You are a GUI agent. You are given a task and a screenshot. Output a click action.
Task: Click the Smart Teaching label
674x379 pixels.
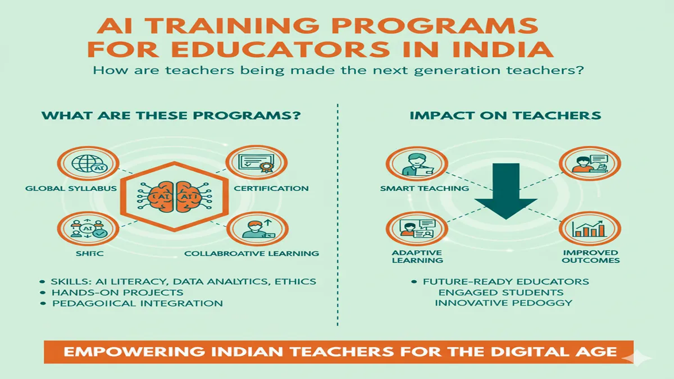tap(424, 189)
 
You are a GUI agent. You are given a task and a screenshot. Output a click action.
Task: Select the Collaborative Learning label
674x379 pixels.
tap(252, 253)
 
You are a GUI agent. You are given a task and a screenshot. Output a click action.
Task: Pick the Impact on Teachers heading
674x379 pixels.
tap(505, 116)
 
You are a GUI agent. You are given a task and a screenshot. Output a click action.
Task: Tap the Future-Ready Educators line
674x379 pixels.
tap(505, 281)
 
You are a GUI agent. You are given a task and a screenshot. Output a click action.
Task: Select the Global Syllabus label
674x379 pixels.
tap(71, 189)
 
